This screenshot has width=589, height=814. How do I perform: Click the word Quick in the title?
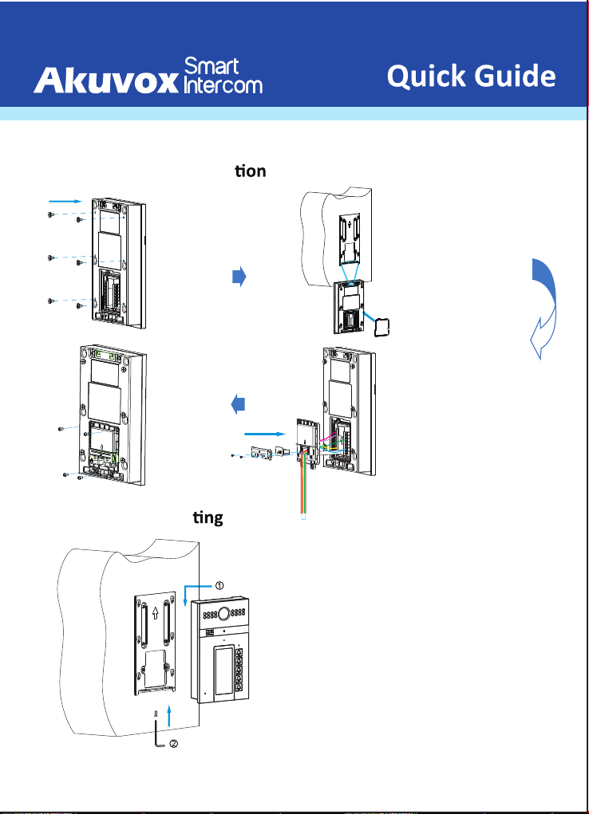click(x=426, y=77)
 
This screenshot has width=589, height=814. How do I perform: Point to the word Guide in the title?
click(x=514, y=77)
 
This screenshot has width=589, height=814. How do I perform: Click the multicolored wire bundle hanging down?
click(x=304, y=486)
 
